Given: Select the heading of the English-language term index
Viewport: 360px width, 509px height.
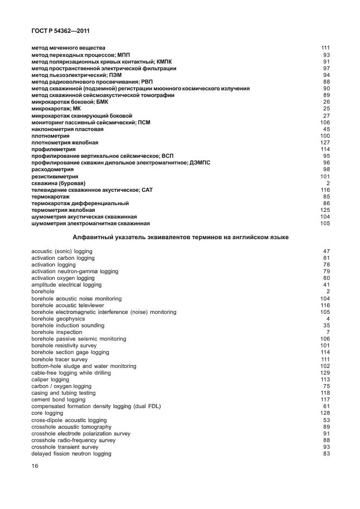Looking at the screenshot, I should [x=179, y=237].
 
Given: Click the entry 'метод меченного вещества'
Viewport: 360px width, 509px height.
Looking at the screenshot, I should [x=68, y=49].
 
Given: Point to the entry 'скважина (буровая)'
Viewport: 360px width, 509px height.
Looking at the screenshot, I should [x=58, y=183].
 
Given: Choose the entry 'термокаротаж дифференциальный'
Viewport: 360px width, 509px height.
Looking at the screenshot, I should [x=80, y=203].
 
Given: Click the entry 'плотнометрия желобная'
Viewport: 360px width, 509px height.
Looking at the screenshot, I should [x=65, y=143].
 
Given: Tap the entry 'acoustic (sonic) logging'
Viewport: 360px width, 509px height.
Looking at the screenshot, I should [x=62, y=251].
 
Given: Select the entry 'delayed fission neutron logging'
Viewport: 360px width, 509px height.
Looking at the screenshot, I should [x=71, y=453].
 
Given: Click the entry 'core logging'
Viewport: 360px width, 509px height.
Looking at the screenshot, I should [x=47, y=413].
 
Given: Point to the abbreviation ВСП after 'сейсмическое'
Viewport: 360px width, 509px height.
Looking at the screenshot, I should [x=167, y=156].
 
